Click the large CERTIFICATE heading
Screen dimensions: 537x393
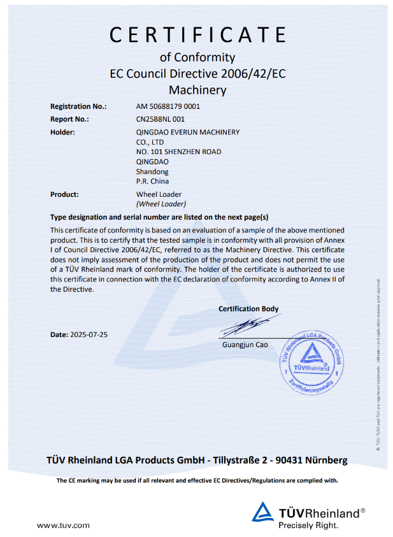pos(197,34)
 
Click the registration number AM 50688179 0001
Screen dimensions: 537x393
pos(168,106)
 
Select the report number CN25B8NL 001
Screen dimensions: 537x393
pos(161,119)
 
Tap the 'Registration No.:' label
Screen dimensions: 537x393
pos(78,106)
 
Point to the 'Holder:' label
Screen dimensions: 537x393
pos(62,132)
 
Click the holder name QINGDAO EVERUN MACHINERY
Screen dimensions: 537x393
pos(188,132)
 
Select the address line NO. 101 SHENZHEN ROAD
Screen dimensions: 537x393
pos(179,152)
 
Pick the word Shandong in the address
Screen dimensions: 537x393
pos(152,171)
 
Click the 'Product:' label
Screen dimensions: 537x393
pos(64,194)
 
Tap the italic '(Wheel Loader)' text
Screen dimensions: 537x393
pos(161,204)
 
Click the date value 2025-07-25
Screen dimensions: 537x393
pos(89,334)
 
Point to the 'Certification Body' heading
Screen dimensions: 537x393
pos(248,309)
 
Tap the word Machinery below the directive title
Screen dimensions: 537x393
pos(197,90)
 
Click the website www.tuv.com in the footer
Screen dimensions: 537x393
pos(62,526)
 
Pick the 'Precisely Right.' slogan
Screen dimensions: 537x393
pos(308,526)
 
